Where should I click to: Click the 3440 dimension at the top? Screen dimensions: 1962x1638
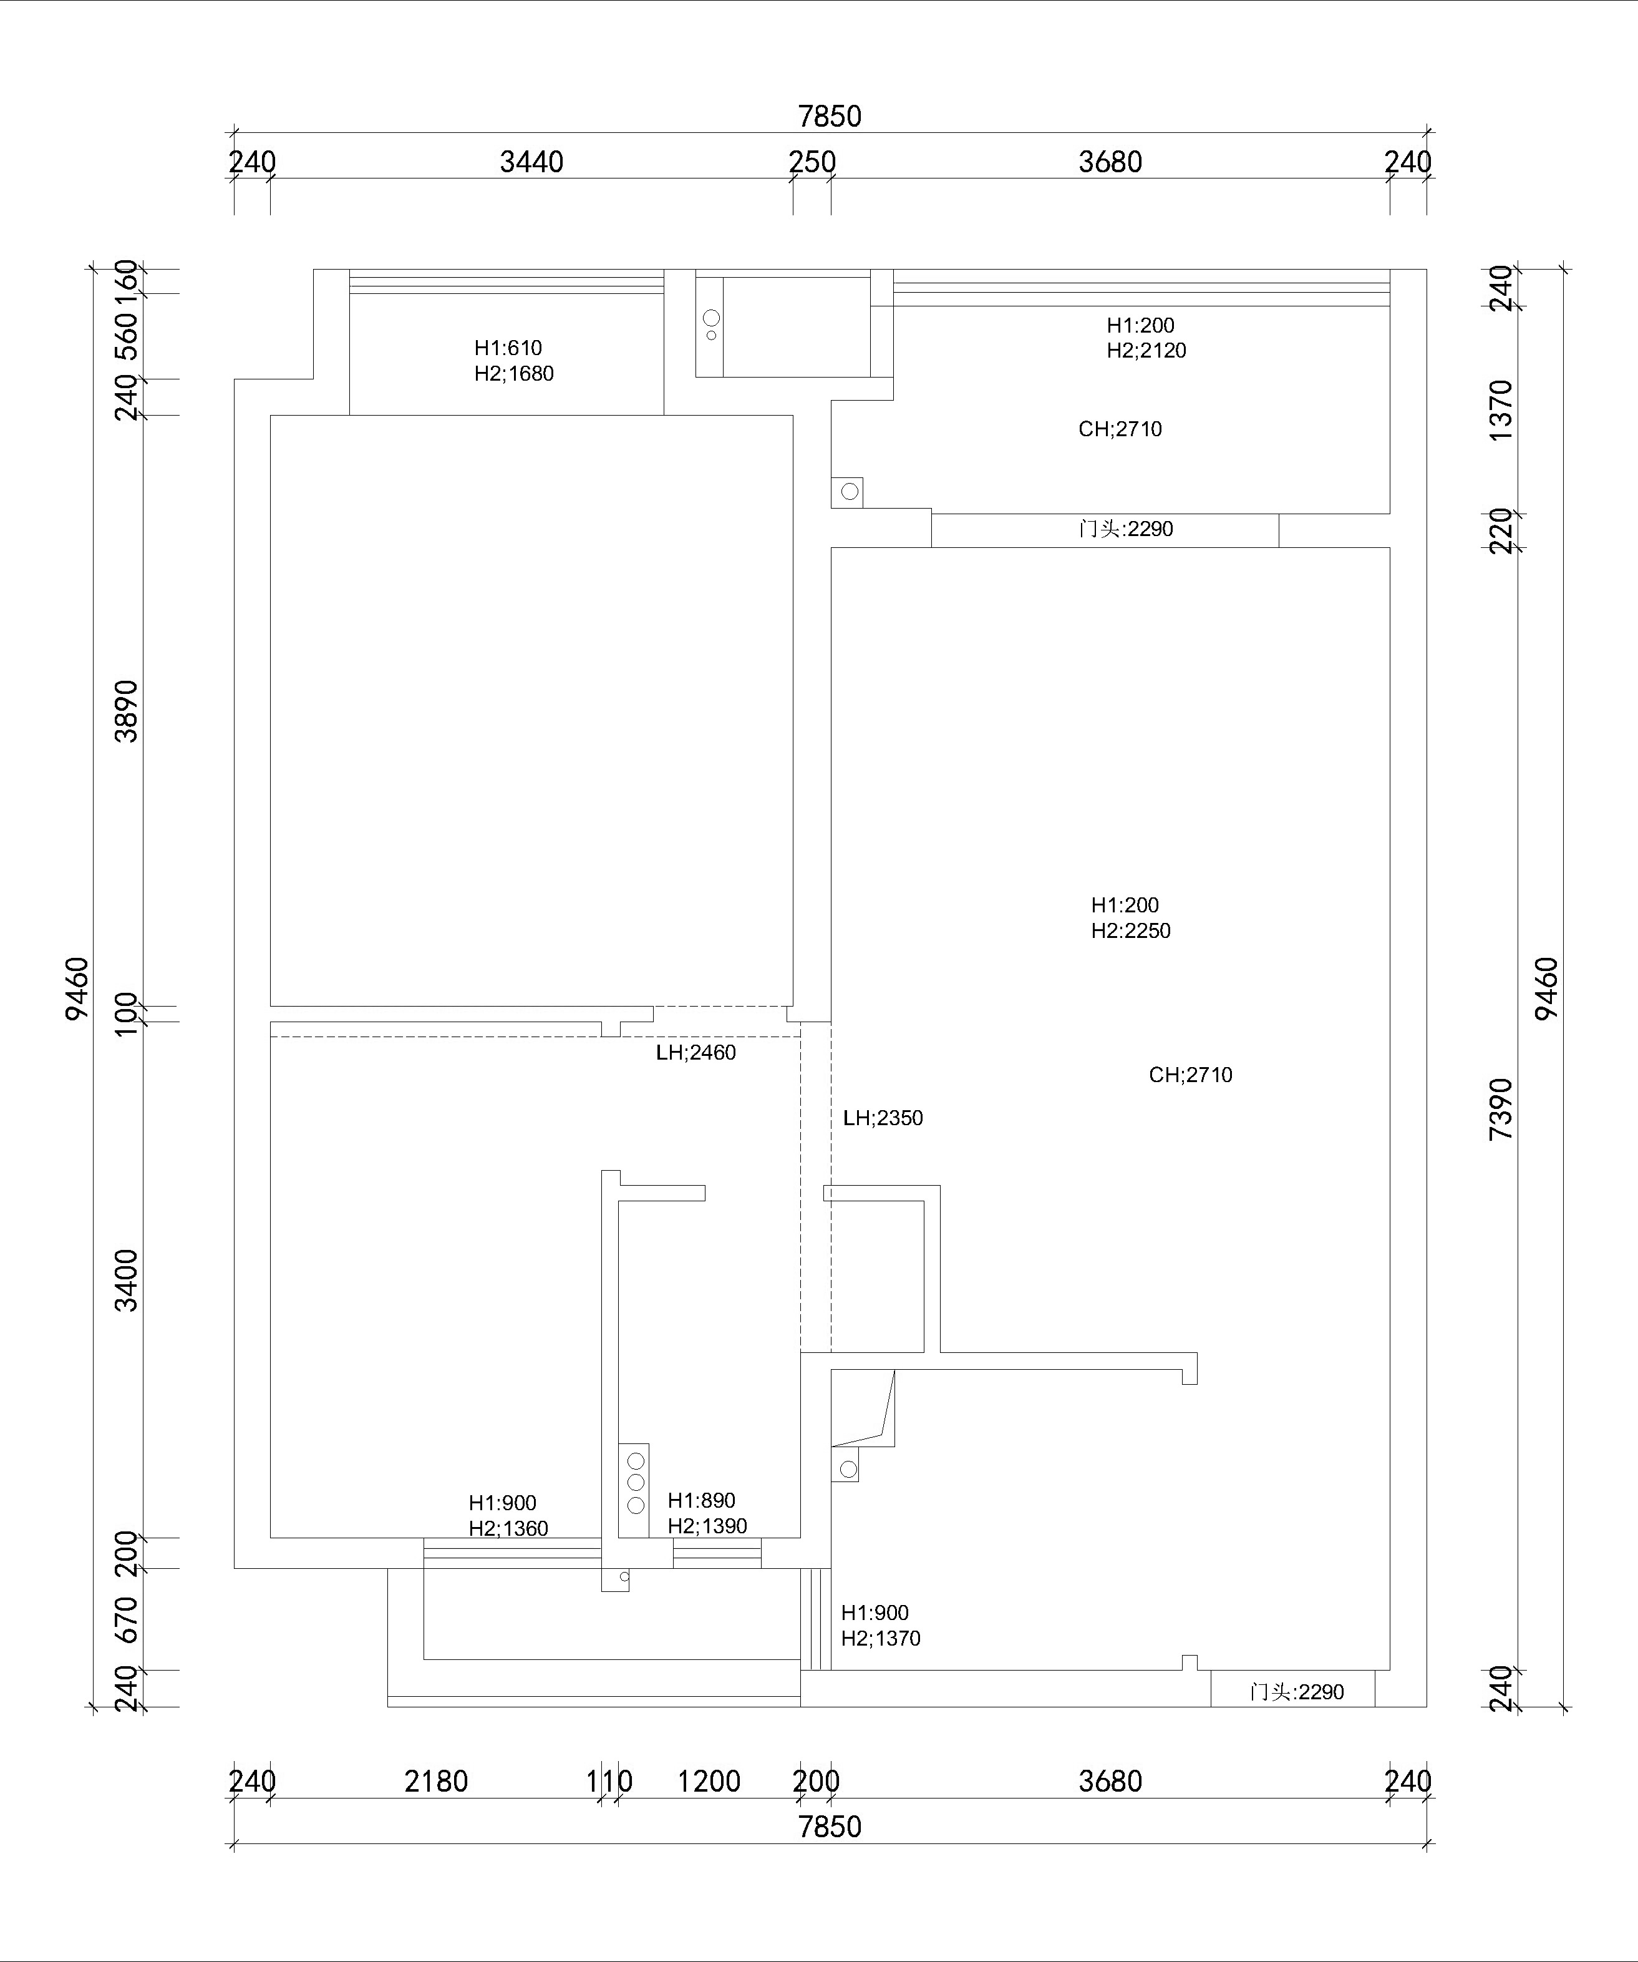pyautogui.click(x=531, y=163)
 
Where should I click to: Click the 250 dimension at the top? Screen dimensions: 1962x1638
pyautogui.click(x=812, y=163)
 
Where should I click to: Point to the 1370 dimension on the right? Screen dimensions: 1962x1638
pyautogui.click(x=1500, y=410)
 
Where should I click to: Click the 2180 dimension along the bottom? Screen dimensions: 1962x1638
pyautogui.click(x=436, y=1781)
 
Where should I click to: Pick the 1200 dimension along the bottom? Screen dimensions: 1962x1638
pyautogui.click(x=709, y=1781)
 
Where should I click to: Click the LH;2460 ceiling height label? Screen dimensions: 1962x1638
pyautogui.click(x=695, y=1053)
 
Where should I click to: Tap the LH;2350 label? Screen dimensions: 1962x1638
pyautogui.click(x=883, y=1118)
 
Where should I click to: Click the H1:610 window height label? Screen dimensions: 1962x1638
pyautogui.click(x=508, y=348)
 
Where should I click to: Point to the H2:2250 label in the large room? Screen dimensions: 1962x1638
pyautogui.click(x=1131, y=930)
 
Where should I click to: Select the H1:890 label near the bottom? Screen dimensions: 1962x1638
pyautogui.click(x=701, y=1500)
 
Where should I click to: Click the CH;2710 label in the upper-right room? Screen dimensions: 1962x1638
pyautogui.click(x=1120, y=429)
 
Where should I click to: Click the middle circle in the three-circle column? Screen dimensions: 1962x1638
pyautogui.click(x=636, y=1483)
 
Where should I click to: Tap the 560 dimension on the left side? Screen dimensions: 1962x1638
pyautogui.click(x=126, y=336)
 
